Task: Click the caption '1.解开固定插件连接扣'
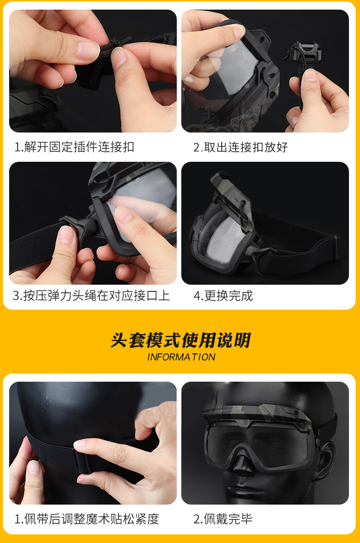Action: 74,147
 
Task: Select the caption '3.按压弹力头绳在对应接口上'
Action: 91,296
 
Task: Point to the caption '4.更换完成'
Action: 223,296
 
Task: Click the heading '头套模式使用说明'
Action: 180,340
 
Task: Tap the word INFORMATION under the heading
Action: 181,357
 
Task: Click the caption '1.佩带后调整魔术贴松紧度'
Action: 86,519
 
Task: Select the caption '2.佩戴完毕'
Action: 223,519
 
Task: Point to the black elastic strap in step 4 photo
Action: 298,249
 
